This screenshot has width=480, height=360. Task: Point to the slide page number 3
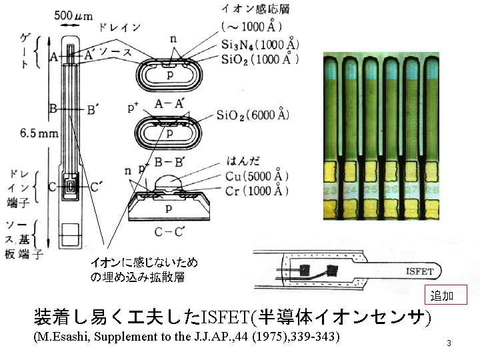tap(449, 343)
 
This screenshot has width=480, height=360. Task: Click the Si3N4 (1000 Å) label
tap(259, 45)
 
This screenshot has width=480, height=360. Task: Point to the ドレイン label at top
tap(119, 27)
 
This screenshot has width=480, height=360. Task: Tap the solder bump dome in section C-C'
tap(172, 180)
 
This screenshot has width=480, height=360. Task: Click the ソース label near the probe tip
tap(115, 52)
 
